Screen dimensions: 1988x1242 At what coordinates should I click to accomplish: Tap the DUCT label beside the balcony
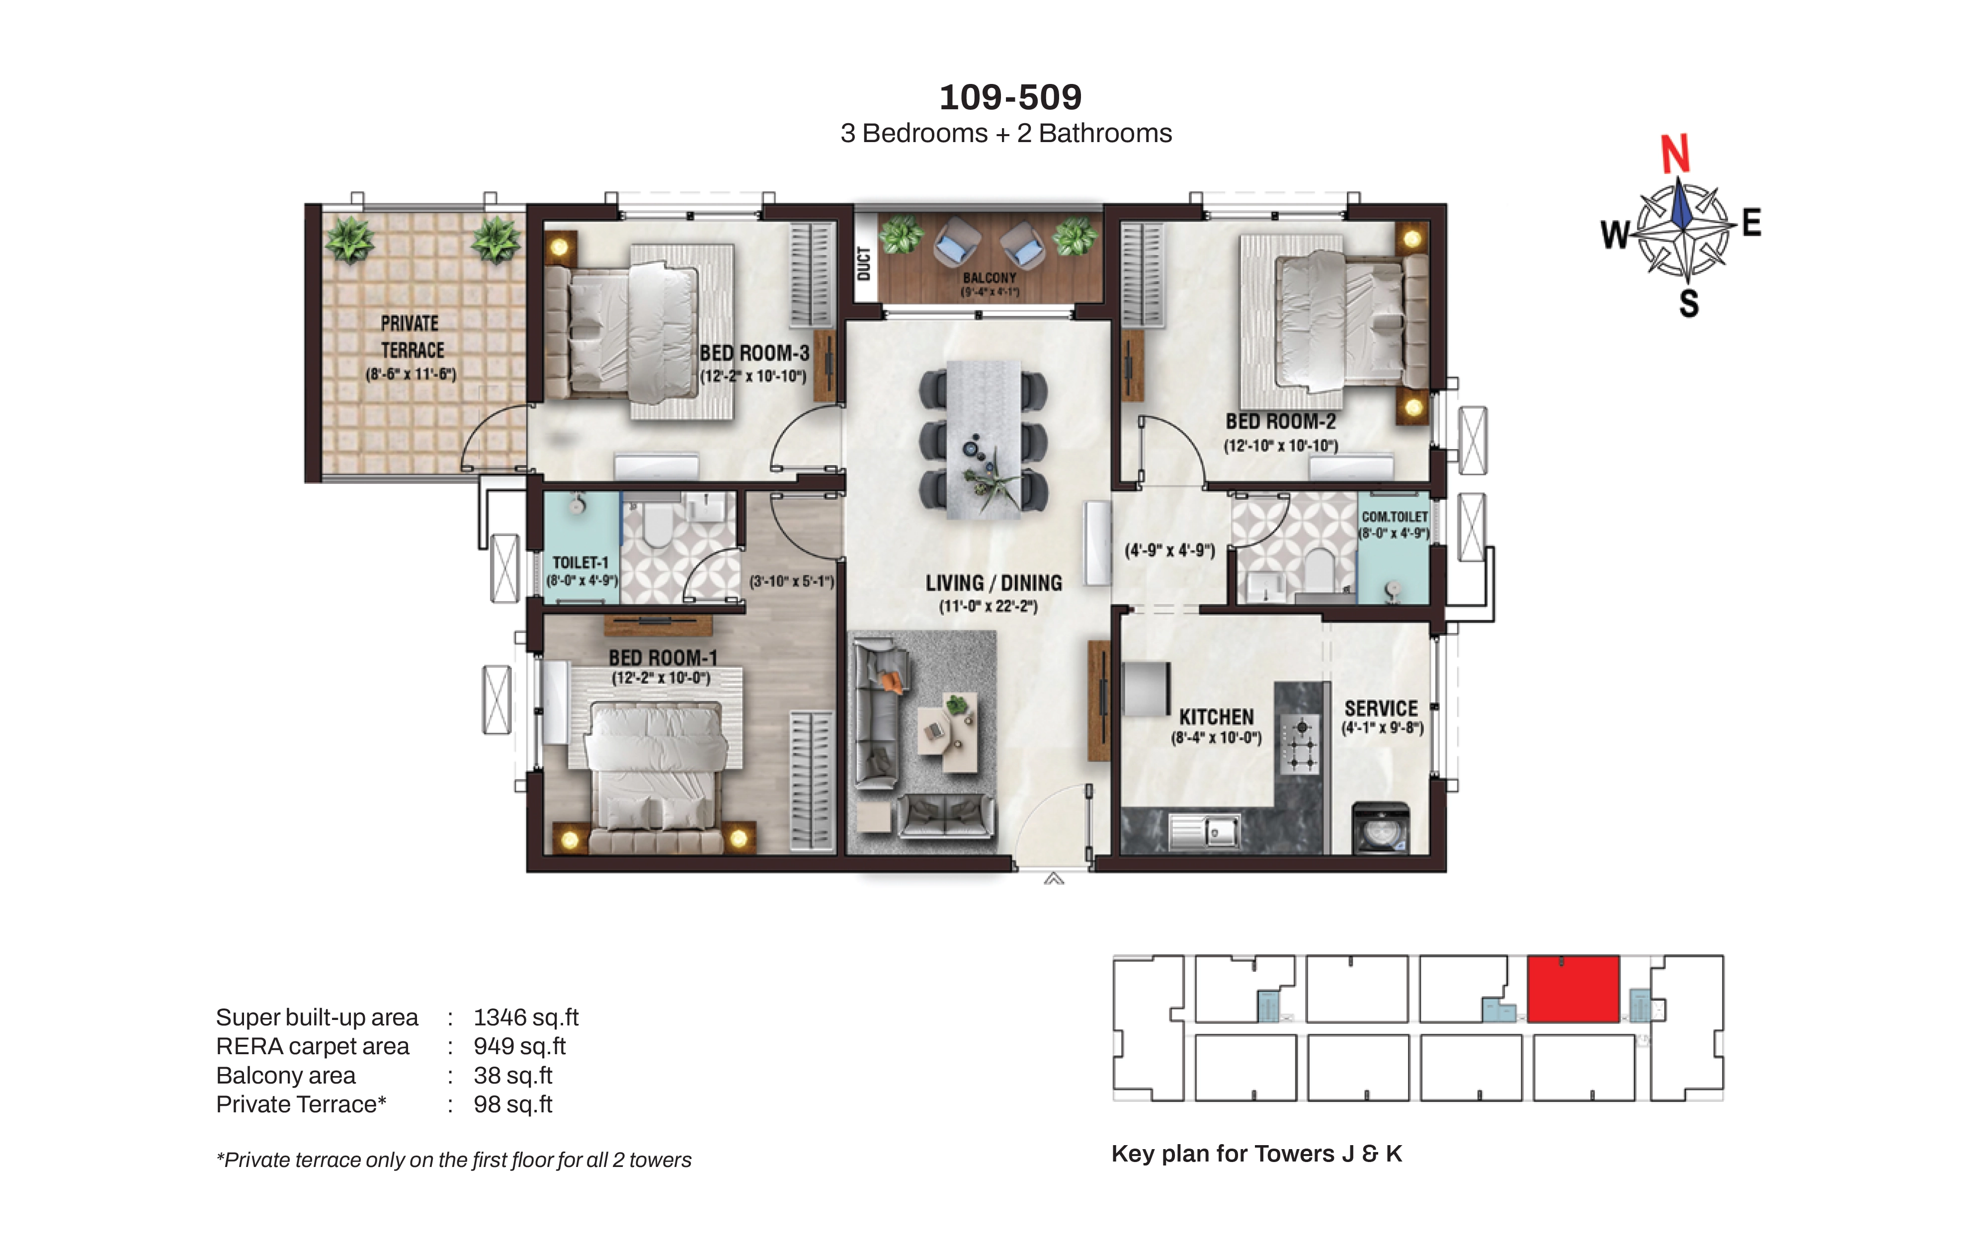(x=863, y=264)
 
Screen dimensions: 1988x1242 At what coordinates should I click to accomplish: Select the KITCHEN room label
(x=1217, y=717)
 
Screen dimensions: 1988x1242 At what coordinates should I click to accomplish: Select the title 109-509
(x=1010, y=97)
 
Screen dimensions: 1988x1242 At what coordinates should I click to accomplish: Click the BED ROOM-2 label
(x=1281, y=421)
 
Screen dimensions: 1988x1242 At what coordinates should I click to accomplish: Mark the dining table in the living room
(x=984, y=440)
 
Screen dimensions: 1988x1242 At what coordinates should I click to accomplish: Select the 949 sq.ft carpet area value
(x=520, y=1046)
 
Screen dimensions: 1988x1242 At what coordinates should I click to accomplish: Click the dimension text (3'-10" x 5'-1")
(x=792, y=582)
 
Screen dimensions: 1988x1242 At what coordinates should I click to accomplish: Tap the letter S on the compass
(x=1689, y=304)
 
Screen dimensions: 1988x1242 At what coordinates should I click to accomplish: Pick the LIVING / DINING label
(x=993, y=583)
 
